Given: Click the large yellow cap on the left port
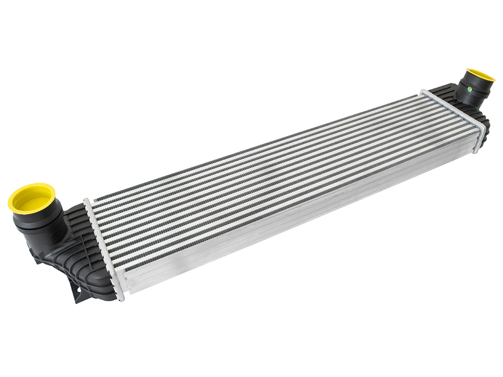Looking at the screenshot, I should tap(31, 197).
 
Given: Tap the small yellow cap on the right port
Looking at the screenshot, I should tap(480, 75).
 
